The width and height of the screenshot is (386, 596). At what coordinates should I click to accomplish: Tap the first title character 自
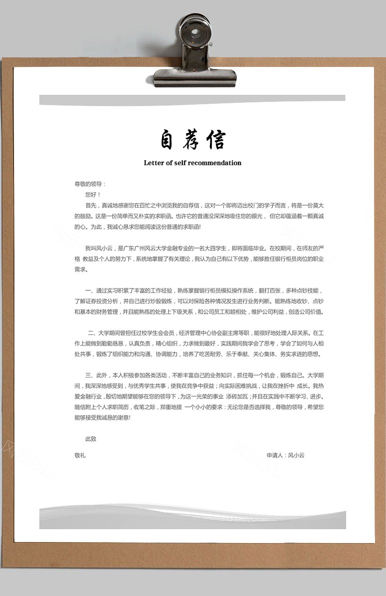click(x=167, y=140)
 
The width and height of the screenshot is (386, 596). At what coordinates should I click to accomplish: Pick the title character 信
click(x=216, y=140)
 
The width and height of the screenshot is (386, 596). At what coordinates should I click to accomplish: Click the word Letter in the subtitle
click(x=154, y=163)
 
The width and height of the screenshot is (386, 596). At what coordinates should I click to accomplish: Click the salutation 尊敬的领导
click(x=90, y=184)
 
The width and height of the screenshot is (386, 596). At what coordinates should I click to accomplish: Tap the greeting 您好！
click(x=93, y=194)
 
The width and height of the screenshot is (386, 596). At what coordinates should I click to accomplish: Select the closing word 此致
click(x=91, y=439)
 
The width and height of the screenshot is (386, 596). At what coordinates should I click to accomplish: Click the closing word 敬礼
click(x=80, y=455)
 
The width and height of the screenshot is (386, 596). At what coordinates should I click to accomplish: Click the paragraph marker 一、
click(x=90, y=291)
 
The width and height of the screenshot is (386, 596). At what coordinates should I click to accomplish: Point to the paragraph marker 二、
click(x=92, y=332)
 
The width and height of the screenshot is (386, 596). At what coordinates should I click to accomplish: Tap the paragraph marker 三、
click(x=90, y=374)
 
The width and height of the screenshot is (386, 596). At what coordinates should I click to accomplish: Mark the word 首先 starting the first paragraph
click(x=91, y=205)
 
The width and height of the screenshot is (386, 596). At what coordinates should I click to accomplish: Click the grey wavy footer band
click(x=193, y=517)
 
